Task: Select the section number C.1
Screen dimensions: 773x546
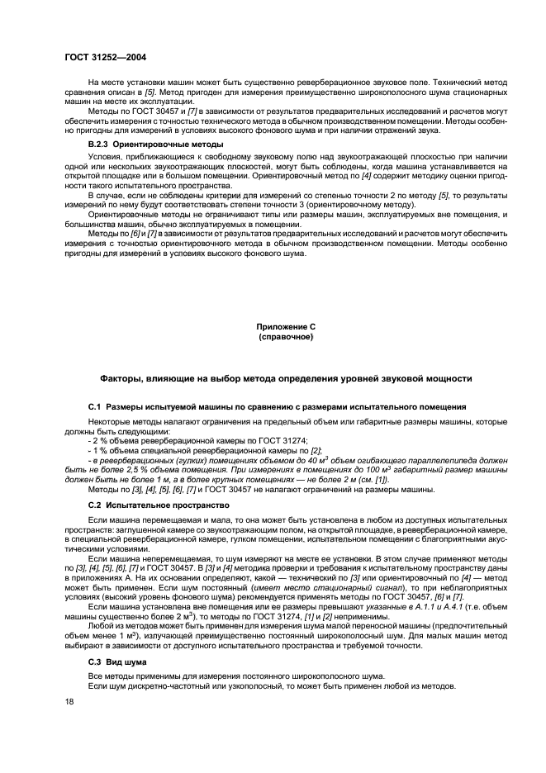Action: pos(93,407)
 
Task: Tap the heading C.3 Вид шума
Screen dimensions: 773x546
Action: pos(116,662)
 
